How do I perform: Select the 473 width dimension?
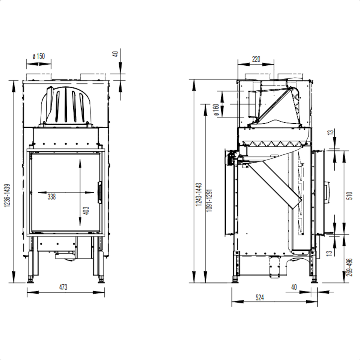[63, 287]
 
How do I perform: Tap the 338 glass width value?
[52, 197]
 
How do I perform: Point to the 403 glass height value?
[87, 210]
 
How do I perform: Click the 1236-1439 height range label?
[7, 196]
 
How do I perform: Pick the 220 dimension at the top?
[256, 59]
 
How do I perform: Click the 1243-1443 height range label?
[199, 194]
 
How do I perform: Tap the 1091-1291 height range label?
[209, 200]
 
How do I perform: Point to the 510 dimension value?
[350, 196]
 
